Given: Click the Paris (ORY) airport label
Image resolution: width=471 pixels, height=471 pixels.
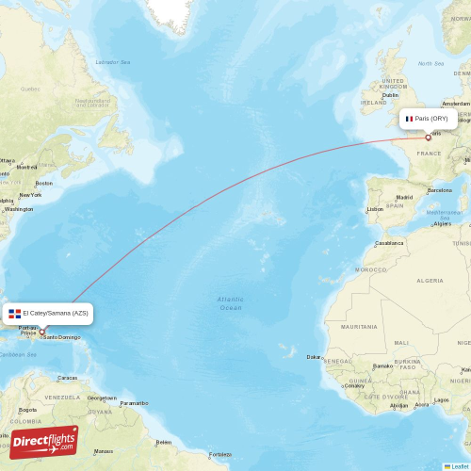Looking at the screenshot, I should tap(430, 119).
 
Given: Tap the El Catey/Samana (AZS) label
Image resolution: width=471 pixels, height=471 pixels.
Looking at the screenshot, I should tap(56, 313).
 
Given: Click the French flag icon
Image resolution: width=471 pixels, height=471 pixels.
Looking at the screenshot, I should tap(409, 119).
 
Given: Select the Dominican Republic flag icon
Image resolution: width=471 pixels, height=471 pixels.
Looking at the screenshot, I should tap(14, 313).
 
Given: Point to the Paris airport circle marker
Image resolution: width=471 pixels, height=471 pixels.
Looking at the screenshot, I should tap(428, 138).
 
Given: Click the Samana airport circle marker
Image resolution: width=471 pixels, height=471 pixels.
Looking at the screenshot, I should tap(41, 332).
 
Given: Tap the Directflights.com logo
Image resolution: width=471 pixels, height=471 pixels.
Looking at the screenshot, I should tap(44, 443).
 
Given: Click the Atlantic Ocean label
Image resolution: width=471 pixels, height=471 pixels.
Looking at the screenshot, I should tap(230, 303).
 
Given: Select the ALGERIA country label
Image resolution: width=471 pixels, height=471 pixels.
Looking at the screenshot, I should tap(430, 280).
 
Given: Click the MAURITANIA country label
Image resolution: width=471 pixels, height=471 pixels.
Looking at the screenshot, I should tap(359, 327).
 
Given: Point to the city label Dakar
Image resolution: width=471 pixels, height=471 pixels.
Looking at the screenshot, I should tap(314, 357).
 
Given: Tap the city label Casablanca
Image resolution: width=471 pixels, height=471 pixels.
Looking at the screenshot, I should tap(389, 243).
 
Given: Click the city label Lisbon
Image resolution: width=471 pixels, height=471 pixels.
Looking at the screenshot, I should tap(375, 209).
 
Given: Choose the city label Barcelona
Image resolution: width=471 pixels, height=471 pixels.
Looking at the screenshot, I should tap(439, 190).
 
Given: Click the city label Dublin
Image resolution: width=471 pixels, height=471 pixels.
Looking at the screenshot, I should tap(390, 94).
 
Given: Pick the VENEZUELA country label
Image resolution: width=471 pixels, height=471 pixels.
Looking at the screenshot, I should tap(64, 398).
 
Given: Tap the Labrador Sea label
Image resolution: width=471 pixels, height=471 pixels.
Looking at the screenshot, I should tap(112, 62).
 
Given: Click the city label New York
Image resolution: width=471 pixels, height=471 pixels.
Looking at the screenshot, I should tap(30, 195).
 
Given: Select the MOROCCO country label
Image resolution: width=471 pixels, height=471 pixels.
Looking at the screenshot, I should tap(369, 269).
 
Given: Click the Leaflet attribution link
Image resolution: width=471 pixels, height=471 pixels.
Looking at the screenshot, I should tap(459, 466).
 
